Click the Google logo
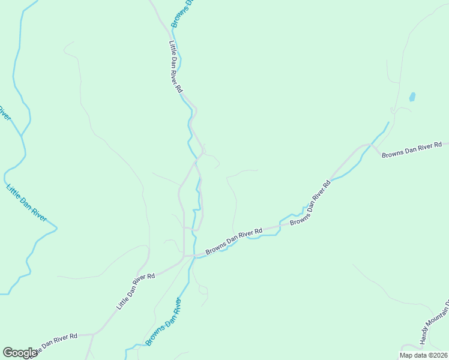point(20,353)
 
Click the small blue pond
point(412,96)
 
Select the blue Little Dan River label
point(26,203)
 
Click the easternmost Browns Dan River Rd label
point(412,149)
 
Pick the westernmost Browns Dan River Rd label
point(234,242)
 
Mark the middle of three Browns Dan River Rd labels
point(310,204)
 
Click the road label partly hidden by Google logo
point(54,343)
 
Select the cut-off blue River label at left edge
point(4,112)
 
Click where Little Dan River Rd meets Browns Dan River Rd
point(185,257)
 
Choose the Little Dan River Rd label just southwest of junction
point(136,292)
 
